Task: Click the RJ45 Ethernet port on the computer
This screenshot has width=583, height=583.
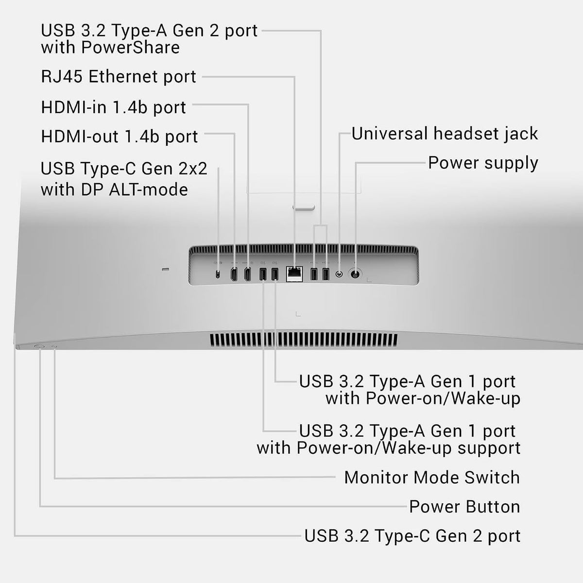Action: (x=294, y=274)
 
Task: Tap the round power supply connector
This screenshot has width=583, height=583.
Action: (x=355, y=274)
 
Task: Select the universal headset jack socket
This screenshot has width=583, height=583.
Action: (x=340, y=274)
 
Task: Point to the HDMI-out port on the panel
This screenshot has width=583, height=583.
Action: (x=234, y=274)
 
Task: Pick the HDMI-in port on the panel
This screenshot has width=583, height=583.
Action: (x=247, y=274)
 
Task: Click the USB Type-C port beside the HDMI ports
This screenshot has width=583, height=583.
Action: (x=218, y=274)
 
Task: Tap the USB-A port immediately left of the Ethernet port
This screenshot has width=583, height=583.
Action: (x=274, y=274)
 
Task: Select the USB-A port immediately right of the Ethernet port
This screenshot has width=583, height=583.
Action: (x=314, y=274)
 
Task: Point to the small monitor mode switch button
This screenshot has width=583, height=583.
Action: (x=54, y=347)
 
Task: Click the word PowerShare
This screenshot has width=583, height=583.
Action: (x=130, y=48)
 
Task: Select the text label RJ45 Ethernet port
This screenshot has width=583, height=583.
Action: (x=119, y=77)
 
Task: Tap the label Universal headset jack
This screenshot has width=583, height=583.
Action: (x=445, y=134)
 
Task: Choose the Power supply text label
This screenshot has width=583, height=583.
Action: (x=483, y=163)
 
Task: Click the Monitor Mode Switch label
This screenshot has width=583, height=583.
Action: (x=432, y=478)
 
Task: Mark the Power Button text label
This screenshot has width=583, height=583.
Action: (x=465, y=507)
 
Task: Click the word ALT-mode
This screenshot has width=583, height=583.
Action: (x=149, y=189)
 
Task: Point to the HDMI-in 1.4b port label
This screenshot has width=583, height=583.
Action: (x=114, y=107)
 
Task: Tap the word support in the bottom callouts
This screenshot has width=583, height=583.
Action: (x=489, y=448)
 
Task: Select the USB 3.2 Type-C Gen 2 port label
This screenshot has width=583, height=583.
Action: (x=412, y=536)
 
